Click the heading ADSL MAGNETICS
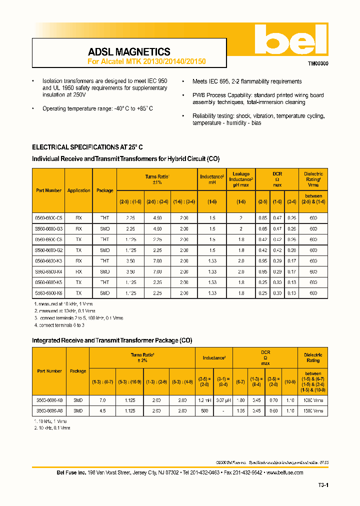(x=129, y=52)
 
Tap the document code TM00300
(x=317, y=64)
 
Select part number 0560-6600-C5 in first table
(x=49, y=218)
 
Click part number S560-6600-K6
(x=49, y=293)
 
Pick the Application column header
(x=79, y=190)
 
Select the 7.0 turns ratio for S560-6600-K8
(x=102, y=400)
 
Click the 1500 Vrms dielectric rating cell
(x=313, y=410)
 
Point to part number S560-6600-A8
(x=49, y=410)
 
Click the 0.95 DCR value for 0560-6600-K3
(x=262, y=261)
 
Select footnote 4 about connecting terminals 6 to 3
(x=59, y=325)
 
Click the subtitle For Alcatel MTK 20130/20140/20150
(x=146, y=61)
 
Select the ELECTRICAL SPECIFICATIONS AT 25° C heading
(x=87, y=147)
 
